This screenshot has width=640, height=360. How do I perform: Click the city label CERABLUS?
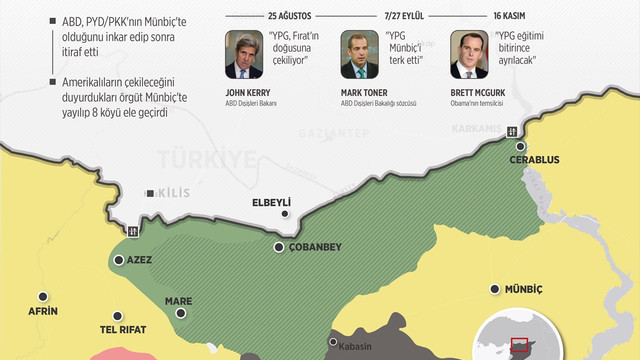(x=533, y=160)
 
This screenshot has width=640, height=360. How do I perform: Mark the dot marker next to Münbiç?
(x=493, y=289)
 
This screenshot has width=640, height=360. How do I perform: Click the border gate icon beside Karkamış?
(x=512, y=130)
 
